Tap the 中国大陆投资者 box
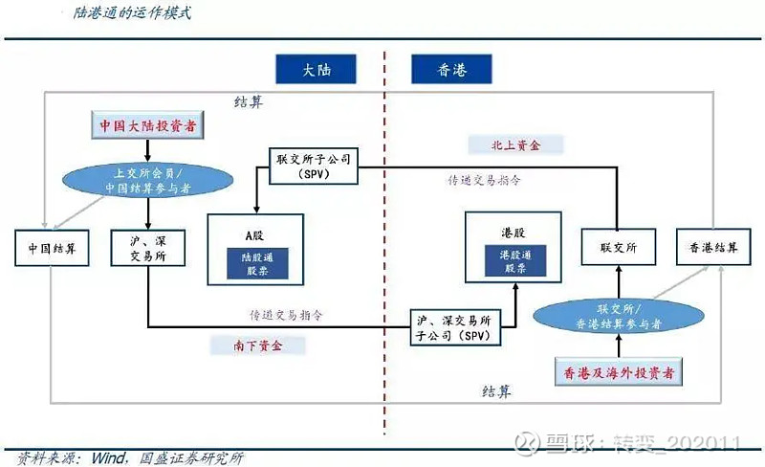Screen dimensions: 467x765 coord(150,125)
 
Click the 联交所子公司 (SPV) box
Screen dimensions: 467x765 coord(314,166)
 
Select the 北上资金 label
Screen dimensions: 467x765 coord(517,145)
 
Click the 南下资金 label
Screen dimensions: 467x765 coord(259,345)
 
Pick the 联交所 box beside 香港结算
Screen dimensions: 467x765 coord(617,248)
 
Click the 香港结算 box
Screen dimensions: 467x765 coord(712,248)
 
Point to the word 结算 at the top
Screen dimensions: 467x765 coord(248,102)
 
